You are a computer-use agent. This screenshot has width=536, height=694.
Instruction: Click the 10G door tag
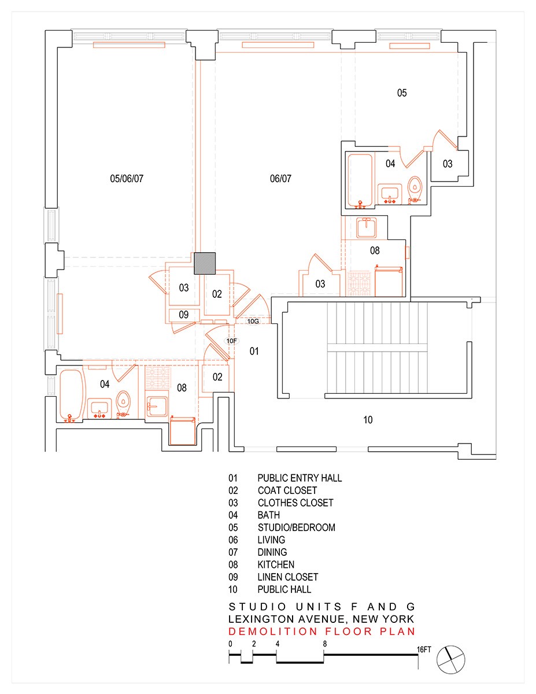(x=253, y=320)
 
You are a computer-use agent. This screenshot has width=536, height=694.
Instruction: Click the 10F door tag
(x=231, y=341)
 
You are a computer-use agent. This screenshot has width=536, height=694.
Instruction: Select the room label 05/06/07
(x=126, y=179)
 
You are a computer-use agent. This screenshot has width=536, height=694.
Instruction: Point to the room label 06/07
(x=280, y=179)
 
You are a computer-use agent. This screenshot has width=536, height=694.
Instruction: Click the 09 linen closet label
(x=183, y=315)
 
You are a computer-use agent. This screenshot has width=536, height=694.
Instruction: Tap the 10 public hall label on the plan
(x=368, y=420)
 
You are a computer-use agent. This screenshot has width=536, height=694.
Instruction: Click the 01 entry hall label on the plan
(x=254, y=351)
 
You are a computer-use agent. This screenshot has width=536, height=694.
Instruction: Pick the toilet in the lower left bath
(x=123, y=404)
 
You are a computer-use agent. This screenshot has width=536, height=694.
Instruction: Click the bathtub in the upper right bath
(x=360, y=180)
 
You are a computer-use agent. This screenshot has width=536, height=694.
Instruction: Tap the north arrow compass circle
(x=451, y=659)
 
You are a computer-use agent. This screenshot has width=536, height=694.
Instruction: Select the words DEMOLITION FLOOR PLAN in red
(x=322, y=632)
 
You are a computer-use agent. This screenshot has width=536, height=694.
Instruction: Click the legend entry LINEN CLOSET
(x=287, y=577)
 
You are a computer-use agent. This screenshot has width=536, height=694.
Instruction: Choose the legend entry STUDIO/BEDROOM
(x=296, y=527)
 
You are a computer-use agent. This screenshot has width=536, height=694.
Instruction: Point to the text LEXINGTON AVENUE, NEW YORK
(x=322, y=619)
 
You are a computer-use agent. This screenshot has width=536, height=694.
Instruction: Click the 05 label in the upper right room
(x=402, y=93)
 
